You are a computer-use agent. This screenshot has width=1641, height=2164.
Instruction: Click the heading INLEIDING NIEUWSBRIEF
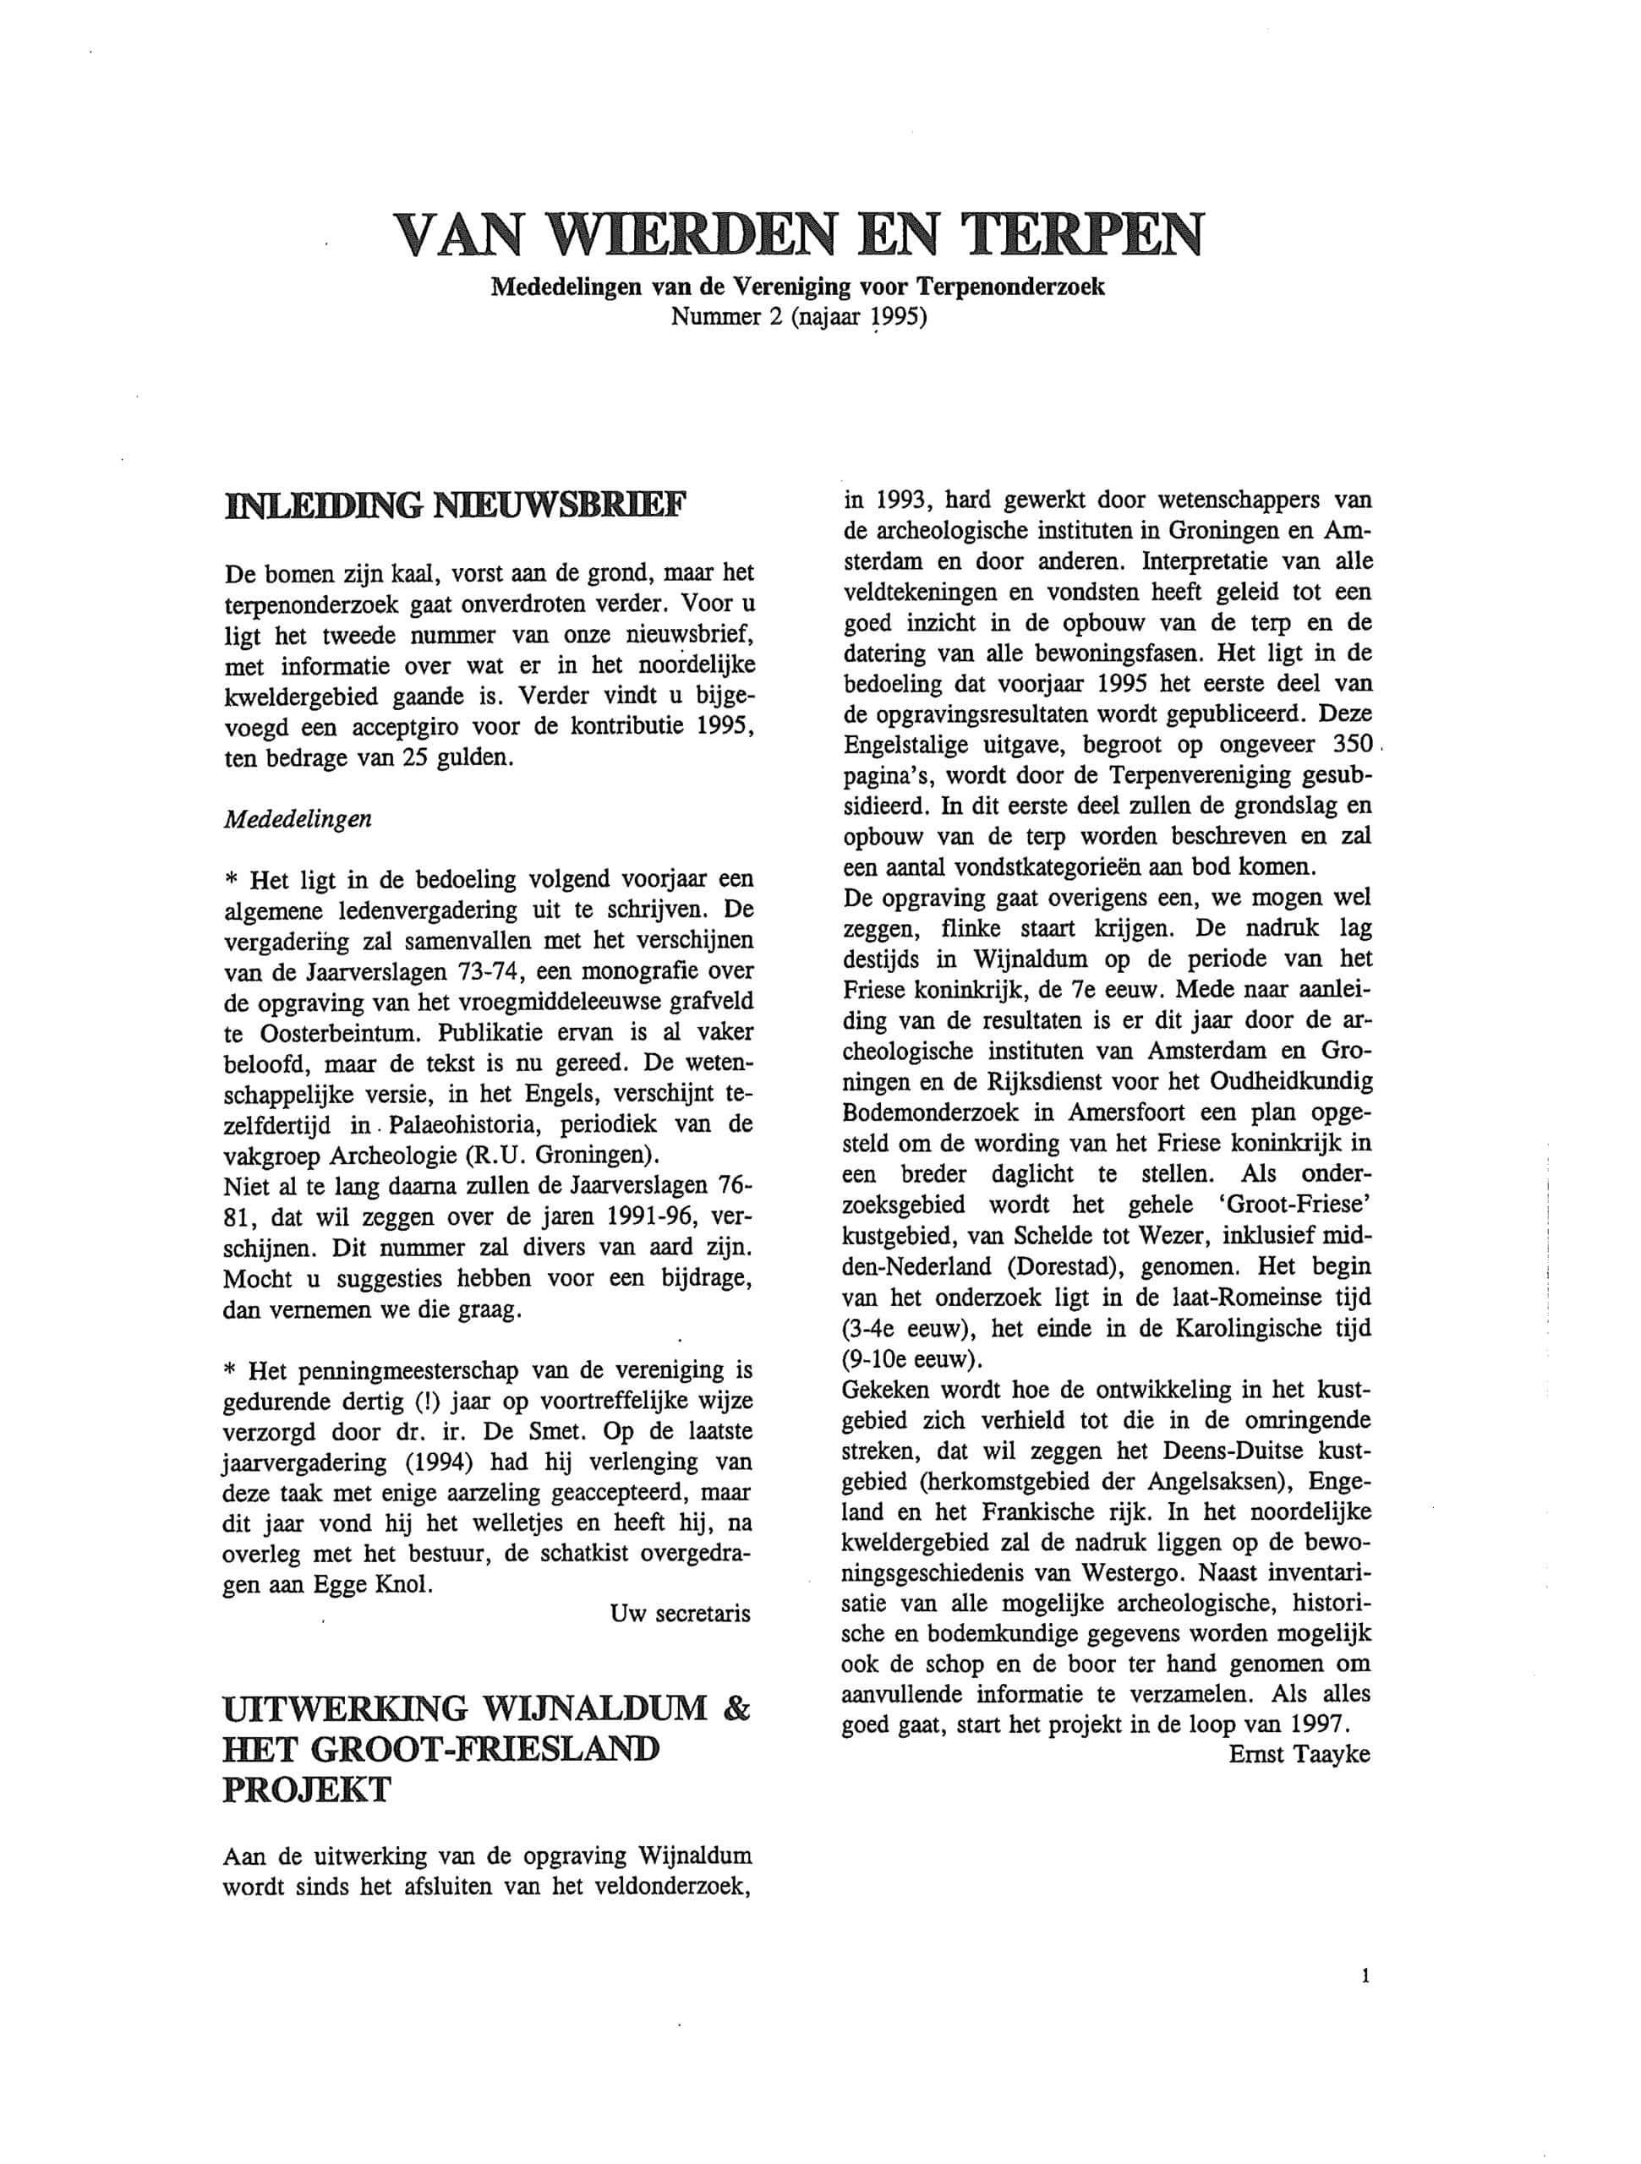coord(456,505)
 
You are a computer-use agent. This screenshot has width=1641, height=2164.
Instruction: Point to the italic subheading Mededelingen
coord(298,820)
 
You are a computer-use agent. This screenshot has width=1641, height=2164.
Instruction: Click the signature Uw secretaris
coord(680,1613)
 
